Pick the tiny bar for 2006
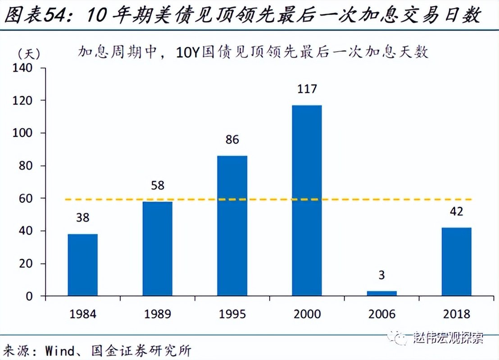point(381,293)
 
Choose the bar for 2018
point(456,261)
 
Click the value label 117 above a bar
point(307,89)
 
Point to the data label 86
point(232,139)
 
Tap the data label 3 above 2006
point(381,275)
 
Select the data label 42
point(456,211)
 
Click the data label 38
point(82,218)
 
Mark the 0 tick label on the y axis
point(29,296)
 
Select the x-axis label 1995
point(232,314)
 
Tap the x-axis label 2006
point(381,314)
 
